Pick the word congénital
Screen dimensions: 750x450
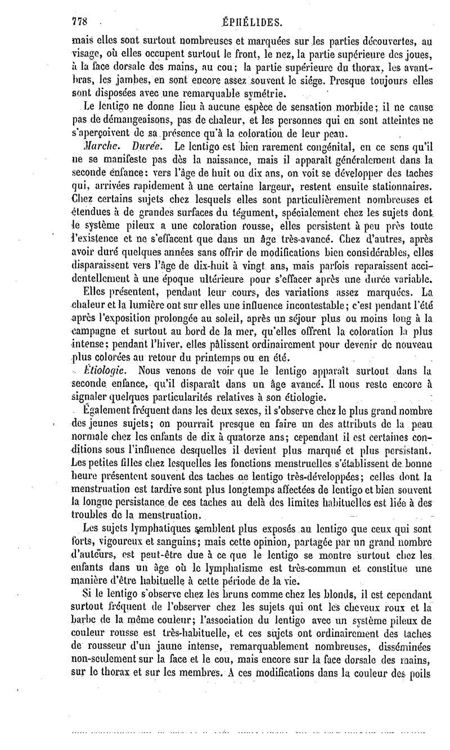[311, 147]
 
